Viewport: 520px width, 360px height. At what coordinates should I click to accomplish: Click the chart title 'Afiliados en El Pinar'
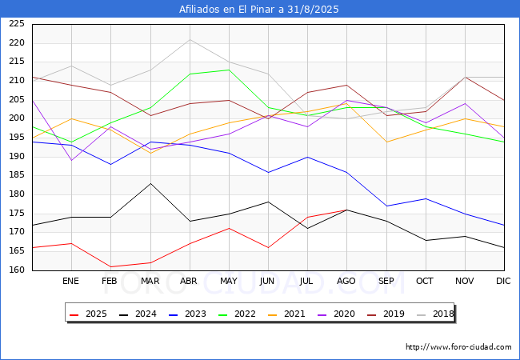pyautogui.click(x=259, y=10)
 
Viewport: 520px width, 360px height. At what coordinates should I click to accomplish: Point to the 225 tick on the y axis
pyautogui.click(x=17, y=24)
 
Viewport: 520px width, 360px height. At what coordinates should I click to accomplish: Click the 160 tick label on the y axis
pyautogui.click(x=17, y=270)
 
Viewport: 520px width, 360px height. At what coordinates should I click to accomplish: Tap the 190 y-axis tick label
pyautogui.click(x=17, y=157)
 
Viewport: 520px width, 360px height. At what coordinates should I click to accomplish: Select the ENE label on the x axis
pyautogui.click(x=71, y=282)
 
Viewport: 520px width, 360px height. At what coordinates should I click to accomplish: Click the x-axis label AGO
pyautogui.click(x=346, y=282)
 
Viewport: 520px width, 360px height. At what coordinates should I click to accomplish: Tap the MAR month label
pyautogui.click(x=150, y=282)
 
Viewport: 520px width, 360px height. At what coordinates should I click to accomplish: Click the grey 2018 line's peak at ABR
pyautogui.click(x=190, y=39)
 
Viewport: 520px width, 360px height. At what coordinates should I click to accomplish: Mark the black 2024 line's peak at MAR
pyautogui.click(x=150, y=183)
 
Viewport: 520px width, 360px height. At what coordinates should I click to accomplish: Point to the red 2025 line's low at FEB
pyautogui.click(x=110, y=266)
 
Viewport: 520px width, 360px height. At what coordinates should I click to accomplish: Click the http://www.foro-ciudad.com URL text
pyautogui.click(x=458, y=347)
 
